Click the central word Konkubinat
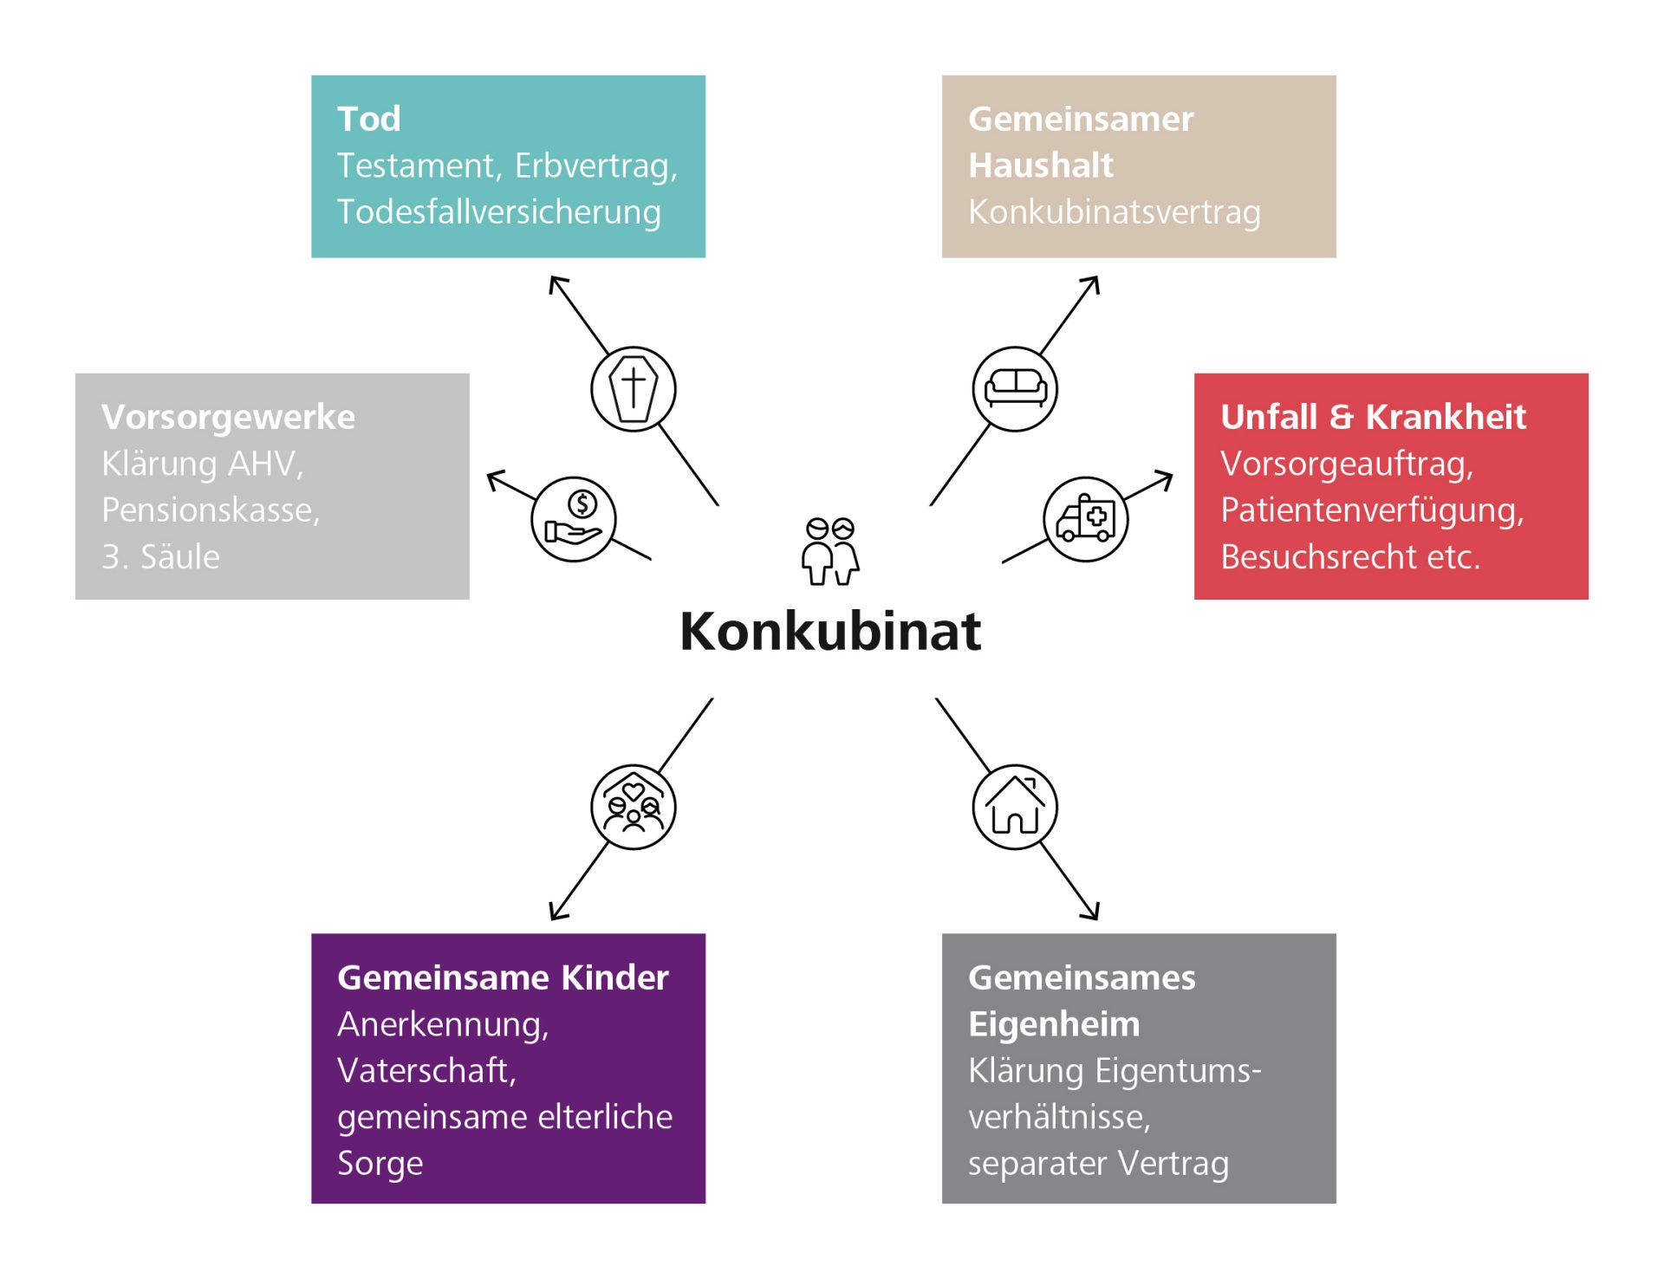point(829,631)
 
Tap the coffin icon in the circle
point(633,389)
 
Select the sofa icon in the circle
point(1015,389)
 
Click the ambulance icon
point(1085,519)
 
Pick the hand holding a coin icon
point(573,519)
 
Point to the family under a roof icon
point(633,807)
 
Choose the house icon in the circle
point(1015,807)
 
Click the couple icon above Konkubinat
point(829,551)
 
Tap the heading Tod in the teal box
point(368,119)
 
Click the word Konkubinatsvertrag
point(1114,211)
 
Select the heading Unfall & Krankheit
point(1373,417)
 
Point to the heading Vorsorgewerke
point(228,417)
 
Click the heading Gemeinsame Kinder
point(503,977)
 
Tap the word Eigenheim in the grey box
point(1054,1024)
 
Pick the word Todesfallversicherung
point(498,211)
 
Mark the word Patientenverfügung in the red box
point(1371,510)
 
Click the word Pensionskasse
point(211,510)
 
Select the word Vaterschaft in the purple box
point(426,1070)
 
